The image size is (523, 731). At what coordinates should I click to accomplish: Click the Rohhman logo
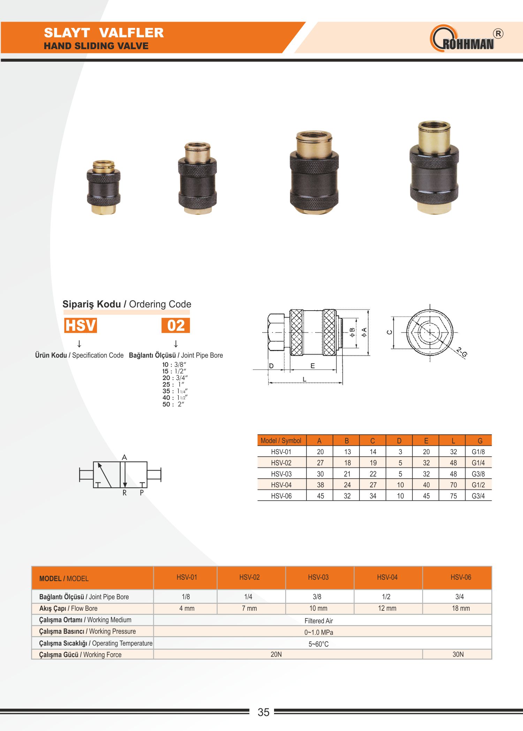467,38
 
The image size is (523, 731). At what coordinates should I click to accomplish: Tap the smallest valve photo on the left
104,187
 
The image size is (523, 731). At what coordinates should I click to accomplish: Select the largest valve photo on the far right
434,167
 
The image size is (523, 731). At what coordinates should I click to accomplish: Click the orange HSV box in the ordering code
81,325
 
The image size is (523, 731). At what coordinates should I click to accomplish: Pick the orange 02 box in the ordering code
176,325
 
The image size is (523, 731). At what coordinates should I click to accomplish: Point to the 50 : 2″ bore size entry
173,404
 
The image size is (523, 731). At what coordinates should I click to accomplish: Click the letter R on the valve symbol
124,493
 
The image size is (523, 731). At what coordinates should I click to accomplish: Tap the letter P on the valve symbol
142,493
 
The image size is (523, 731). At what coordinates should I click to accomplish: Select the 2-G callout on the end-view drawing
462,352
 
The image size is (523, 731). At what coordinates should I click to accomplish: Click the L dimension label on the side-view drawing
304,379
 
